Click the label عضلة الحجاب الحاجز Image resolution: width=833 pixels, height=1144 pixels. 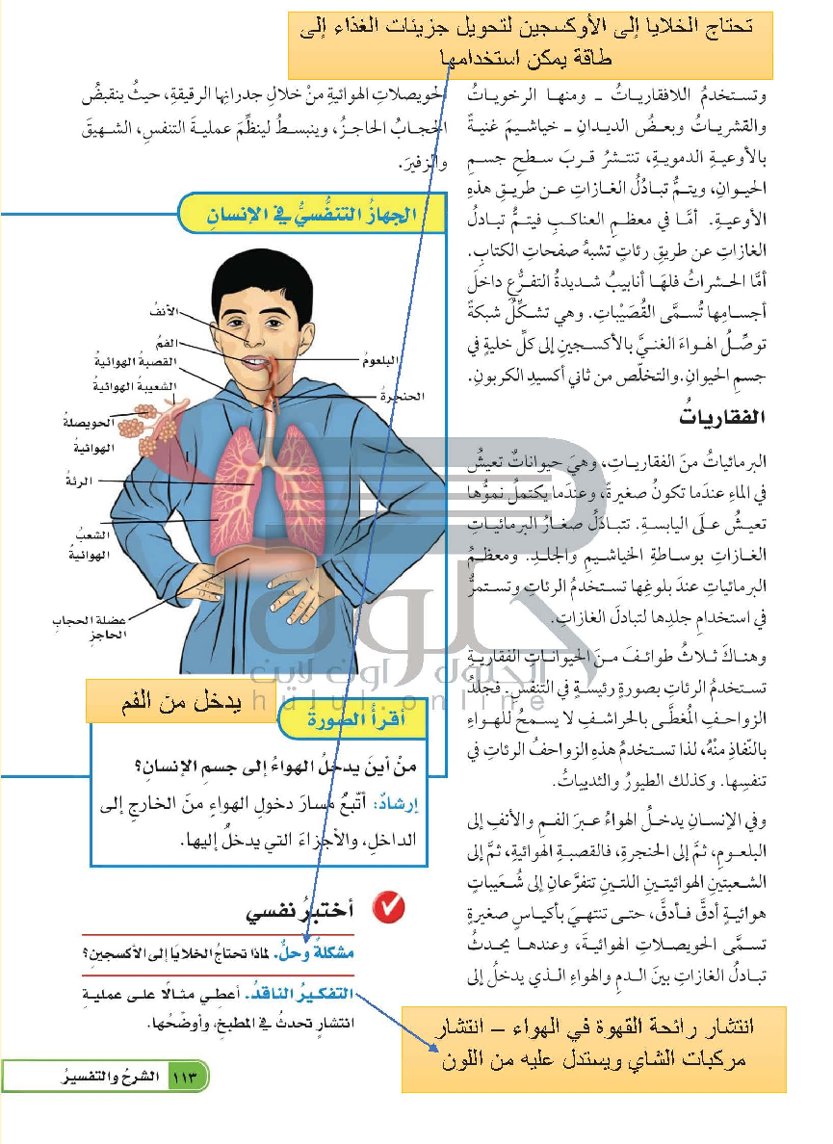[x=75, y=629]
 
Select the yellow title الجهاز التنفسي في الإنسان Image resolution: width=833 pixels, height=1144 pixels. [x=314, y=214]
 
